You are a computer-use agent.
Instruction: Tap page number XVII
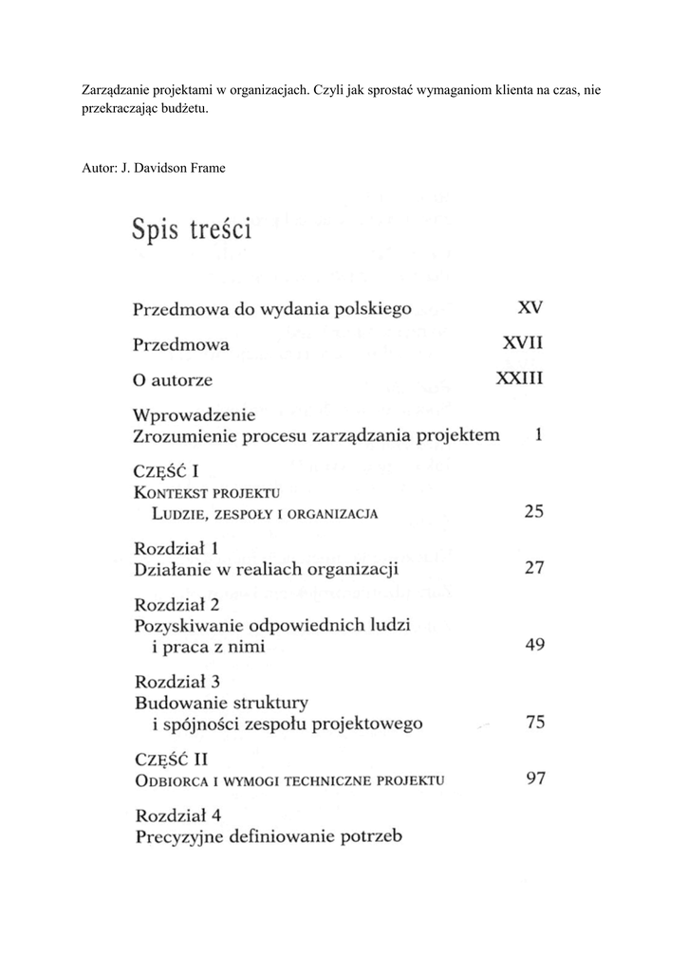pos(522,344)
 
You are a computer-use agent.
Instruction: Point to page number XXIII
pos(519,380)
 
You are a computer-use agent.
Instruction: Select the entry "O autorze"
pos(173,380)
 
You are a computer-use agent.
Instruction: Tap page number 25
pos(533,512)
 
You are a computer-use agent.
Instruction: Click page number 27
pos(533,569)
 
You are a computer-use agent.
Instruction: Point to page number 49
pos(533,646)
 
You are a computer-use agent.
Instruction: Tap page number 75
pos(534,723)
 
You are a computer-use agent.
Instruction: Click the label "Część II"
pos(172,759)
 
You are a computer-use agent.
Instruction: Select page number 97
pos(533,779)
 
